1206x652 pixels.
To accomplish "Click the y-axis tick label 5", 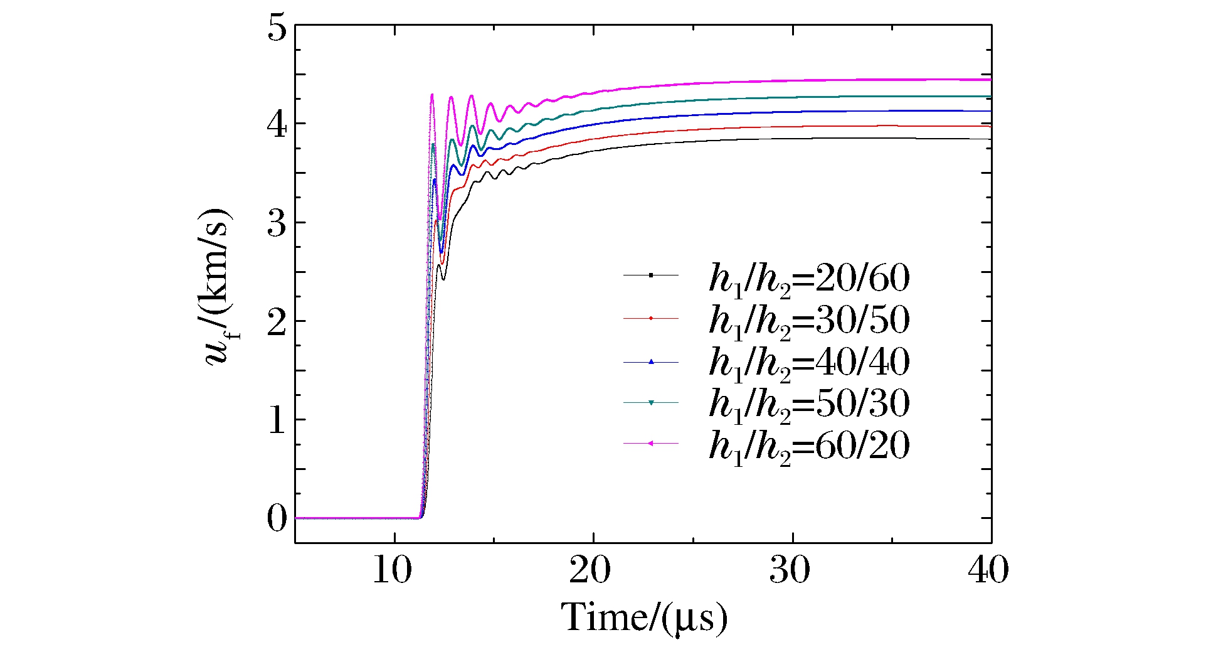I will coord(277,29).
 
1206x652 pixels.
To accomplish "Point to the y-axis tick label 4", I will coord(277,125).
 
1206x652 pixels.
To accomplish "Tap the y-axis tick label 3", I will coord(277,223).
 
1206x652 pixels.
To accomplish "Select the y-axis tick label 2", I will coord(277,322).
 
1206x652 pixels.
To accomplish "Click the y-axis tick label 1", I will coord(277,420).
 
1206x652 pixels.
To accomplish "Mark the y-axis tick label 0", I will coord(277,519).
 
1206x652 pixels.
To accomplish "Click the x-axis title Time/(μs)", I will coord(644,618).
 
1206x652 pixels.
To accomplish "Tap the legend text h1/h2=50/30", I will coord(809,404).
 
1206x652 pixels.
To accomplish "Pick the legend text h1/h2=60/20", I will coord(809,446).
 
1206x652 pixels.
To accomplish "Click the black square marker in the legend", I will coord(651,275).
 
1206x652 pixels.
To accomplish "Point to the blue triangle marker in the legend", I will coord(651,361).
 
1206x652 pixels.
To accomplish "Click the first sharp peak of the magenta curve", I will coord(432,95).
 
